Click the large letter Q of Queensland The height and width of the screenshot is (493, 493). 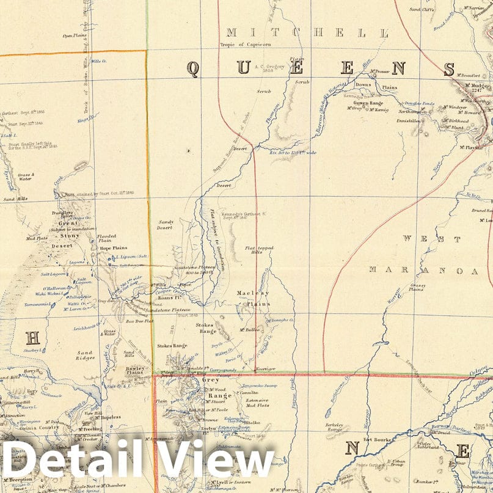coord(192,69)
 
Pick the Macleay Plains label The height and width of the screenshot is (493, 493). coord(253,298)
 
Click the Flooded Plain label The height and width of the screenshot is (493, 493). coord(106,238)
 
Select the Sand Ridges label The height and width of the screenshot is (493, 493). coord(86,356)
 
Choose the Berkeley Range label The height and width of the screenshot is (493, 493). coord(336,426)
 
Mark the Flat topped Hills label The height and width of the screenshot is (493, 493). coord(259,250)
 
